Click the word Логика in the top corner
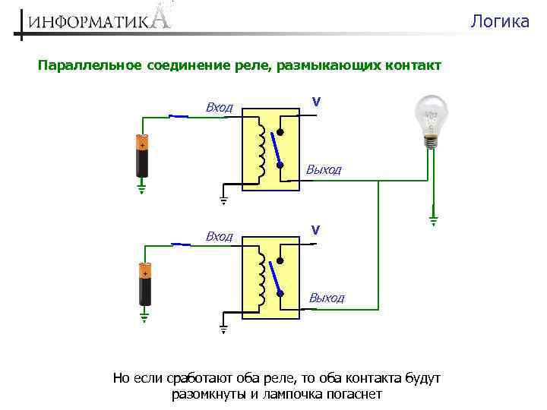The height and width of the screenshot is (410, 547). pyautogui.click(x=499, y=21)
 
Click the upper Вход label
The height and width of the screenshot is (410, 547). pyautogui.click(x=220, y=108)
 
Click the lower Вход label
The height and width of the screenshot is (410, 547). pyautogui.click(x=220, y=237)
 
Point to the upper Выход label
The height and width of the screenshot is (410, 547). pyautogui.click(x=324, y=169)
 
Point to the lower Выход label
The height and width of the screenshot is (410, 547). pyautogui.click(x=326, y=298)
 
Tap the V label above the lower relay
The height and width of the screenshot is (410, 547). pyautogui.click(x=315, y=229)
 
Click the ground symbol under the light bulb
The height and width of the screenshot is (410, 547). pyautogui.click(x=432, y=220)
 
